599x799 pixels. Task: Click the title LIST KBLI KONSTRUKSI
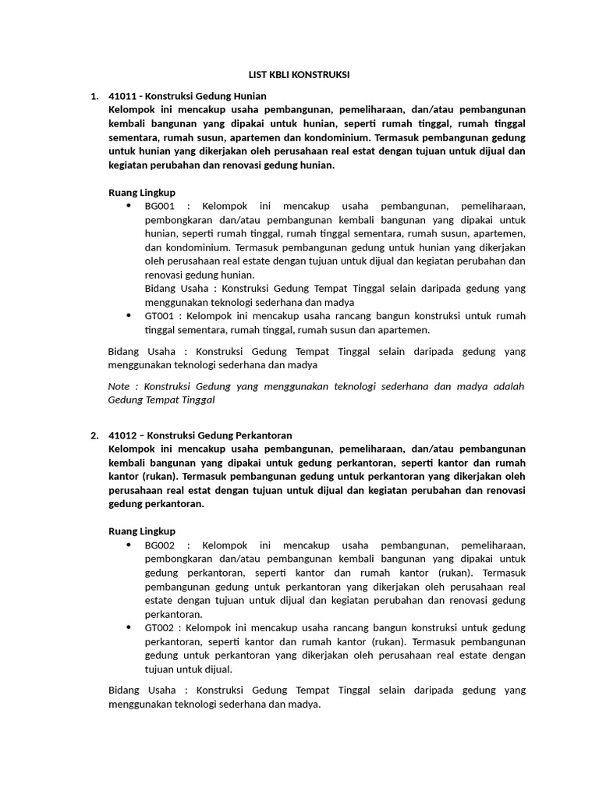299,75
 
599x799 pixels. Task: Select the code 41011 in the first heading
122,96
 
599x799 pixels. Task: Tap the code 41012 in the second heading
122,435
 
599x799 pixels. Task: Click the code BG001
160,206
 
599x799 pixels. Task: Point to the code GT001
160,316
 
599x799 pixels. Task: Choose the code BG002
160,545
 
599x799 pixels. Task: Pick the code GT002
160,627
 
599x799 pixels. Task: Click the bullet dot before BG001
129,206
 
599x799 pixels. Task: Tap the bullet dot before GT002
129,627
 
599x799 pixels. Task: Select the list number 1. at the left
94,96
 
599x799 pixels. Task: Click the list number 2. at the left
94,435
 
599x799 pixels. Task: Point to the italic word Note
119,386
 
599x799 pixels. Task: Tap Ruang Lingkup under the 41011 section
141,192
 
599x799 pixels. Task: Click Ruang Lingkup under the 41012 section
141,531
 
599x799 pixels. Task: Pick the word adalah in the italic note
509,386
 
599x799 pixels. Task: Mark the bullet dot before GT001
129,316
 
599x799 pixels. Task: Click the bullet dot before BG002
129,545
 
